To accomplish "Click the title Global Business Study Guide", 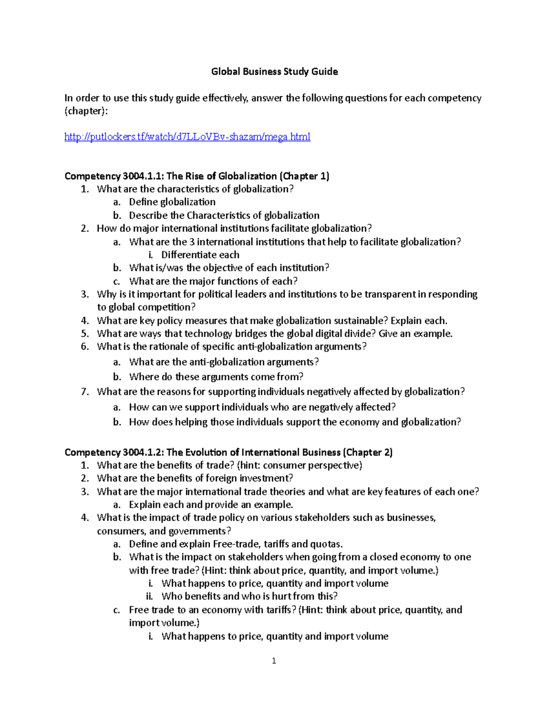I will (x=274, y=72).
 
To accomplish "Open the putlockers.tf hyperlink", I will (x=187, y=137).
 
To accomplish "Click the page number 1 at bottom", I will (x=274, y=661).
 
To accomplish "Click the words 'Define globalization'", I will (x=172, y=202).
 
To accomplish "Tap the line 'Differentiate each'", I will (x=200, y=255).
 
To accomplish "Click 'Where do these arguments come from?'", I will (x=216, y=377).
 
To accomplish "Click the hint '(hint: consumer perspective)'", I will (x=299, y=465).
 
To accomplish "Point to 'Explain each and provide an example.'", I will (x=211, y=505).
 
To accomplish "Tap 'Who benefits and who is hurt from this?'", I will (x=249, y=596).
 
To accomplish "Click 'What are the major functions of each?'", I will (x=213, y=281).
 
